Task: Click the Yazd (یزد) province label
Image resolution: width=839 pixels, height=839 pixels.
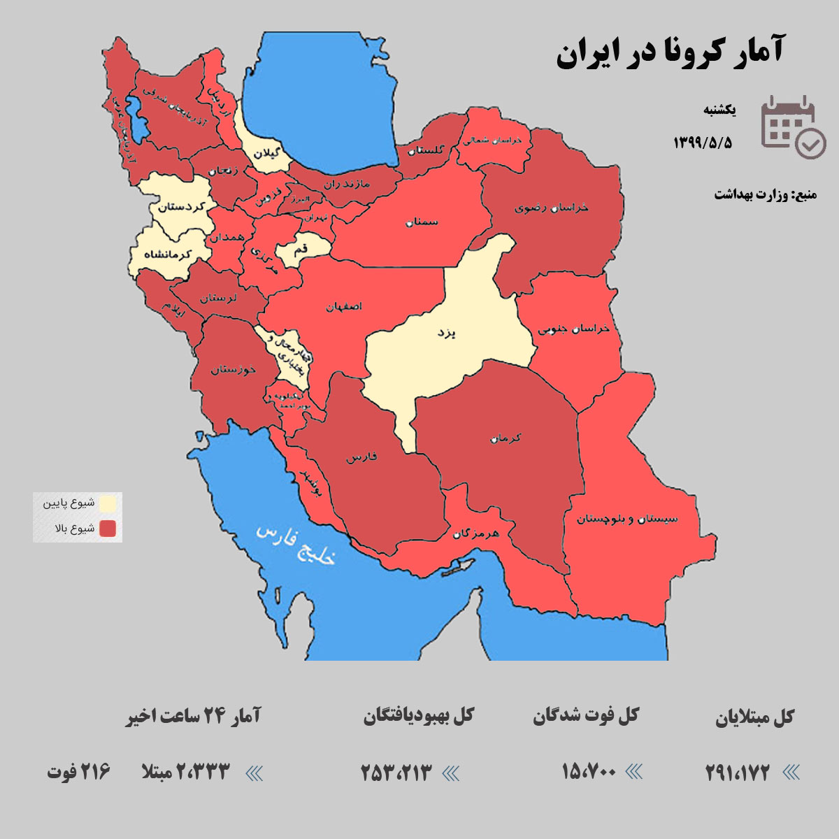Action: tap(446, 333)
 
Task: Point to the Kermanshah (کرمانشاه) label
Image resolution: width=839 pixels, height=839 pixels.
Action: tap(167, 254)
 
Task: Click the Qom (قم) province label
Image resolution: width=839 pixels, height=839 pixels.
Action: tap(300, 248)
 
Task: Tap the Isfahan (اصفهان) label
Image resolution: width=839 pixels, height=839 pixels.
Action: tap(344, 306)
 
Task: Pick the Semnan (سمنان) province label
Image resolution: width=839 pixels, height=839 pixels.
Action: tap(420, 222)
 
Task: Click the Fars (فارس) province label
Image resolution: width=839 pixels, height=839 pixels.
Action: tap(361, 457)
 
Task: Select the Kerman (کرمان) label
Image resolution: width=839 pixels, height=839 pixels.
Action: tap(506, 438)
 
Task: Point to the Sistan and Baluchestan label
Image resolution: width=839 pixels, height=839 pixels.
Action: tap(627, 519)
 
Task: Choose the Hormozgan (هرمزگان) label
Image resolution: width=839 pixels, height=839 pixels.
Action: tap(475, 533)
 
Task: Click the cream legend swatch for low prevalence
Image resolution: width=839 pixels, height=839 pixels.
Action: tap(108, 503)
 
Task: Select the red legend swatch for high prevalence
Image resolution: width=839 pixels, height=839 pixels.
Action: tap(108, 528)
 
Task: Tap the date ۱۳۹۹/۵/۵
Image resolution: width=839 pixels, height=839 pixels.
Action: tap(703, 143)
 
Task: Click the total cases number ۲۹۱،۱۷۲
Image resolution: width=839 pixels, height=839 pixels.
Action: tap(737, 773)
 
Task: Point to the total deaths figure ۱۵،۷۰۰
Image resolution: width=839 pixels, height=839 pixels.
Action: tap(589, 772)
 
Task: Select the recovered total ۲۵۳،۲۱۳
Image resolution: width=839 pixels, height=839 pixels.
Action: tap(396, 773)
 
